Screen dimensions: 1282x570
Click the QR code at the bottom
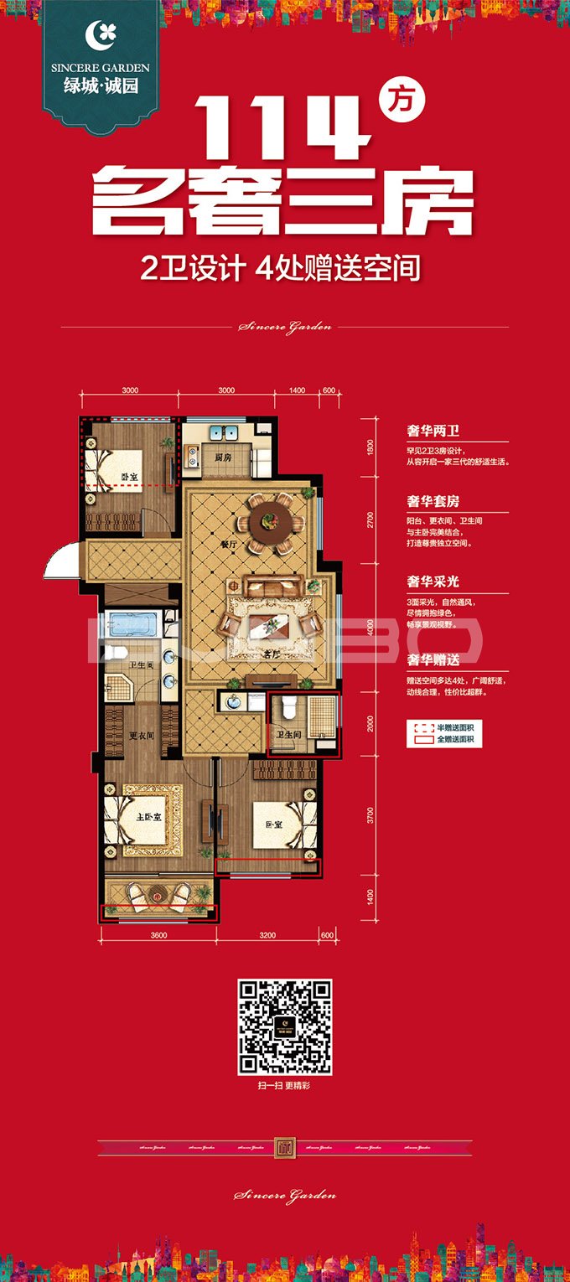pyautogui.click(x=285, y=1027)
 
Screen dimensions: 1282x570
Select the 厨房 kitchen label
pyautogui.click(x=222, y=458)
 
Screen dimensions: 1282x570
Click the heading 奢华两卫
pyautogui.click(x=433, y=432)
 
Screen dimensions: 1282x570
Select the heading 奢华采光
pyautogui.click(x=433, y=581)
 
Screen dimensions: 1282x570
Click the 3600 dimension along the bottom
pyautogui.click(x=159, y=934)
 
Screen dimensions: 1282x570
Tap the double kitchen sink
pyautogui.click(x=224, y=433)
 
